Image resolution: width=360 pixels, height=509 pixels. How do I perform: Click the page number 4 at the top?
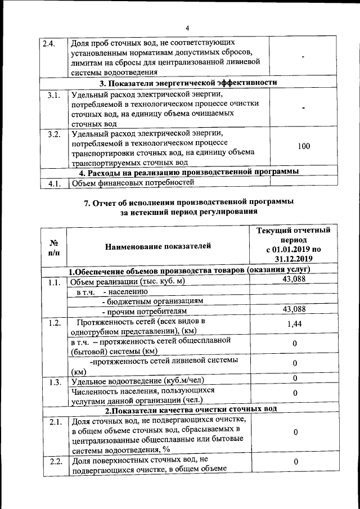(x=187, y=29)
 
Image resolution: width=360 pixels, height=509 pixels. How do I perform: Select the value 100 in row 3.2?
(x=303, y=146)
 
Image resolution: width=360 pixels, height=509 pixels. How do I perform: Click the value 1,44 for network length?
(x=295, y=324)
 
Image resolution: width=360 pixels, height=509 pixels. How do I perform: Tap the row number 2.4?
(x=48, y=43)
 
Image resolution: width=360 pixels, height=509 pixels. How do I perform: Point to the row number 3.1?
(x=54, y=95)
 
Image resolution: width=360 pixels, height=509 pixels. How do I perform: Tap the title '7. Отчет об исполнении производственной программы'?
(x=188, y=202)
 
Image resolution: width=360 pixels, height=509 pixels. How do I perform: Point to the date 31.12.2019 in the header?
(x=294, y=259)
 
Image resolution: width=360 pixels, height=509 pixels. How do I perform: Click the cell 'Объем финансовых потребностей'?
(x=132, y=183)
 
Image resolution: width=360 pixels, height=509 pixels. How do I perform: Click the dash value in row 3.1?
(x=303, y=107)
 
